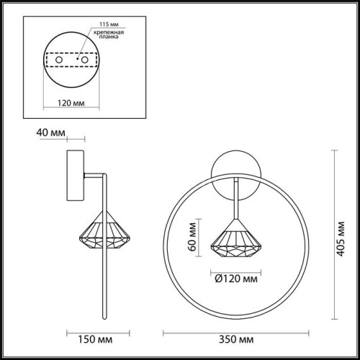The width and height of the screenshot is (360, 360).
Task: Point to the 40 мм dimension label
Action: pyautogui.click(x=46, y=132)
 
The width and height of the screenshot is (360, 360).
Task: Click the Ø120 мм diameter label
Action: pyautogui.click(x=235, y=274)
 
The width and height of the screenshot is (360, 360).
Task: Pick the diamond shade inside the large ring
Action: pyautogui.click(x=234, y=238)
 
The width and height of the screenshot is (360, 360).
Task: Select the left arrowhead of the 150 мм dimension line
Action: pyautogui.click(x=67, y=332)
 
